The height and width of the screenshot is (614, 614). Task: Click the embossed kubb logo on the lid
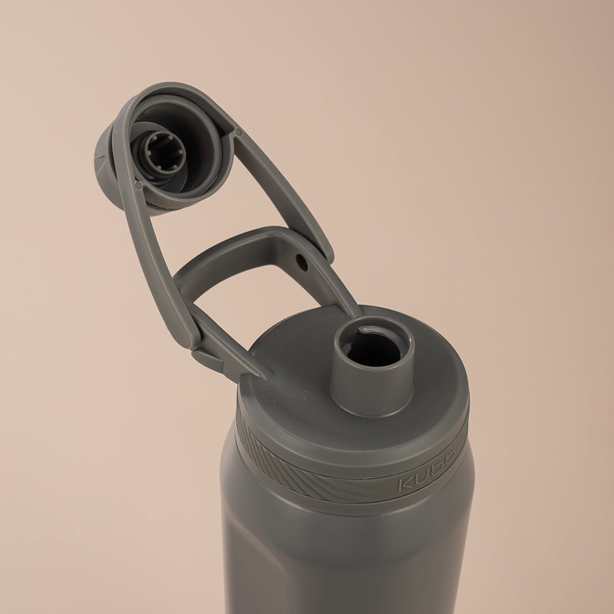point(427,470)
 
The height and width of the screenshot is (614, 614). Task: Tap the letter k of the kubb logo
point(405,484)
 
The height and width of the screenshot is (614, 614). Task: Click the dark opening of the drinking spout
point(374,348)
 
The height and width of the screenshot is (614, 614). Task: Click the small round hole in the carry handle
point(302,262)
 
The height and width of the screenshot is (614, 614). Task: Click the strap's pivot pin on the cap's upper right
point(238,132)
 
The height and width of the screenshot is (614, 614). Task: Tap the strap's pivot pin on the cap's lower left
point(138,184)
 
